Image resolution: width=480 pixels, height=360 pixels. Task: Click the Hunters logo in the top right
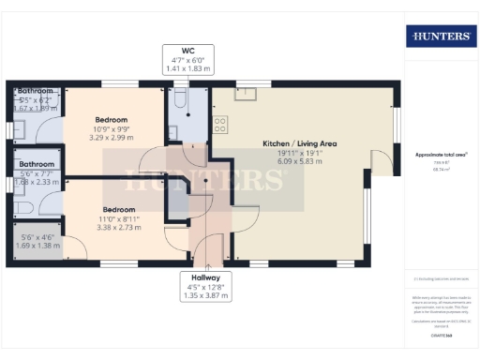439,37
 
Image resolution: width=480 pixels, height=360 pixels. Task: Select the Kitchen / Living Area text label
300,143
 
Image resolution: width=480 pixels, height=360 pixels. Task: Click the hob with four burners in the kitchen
220,122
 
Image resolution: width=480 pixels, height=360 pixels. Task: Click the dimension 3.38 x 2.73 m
119,226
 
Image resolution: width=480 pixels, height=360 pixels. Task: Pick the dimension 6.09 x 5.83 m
300,161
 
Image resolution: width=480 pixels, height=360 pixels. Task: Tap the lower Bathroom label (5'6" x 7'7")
37,165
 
